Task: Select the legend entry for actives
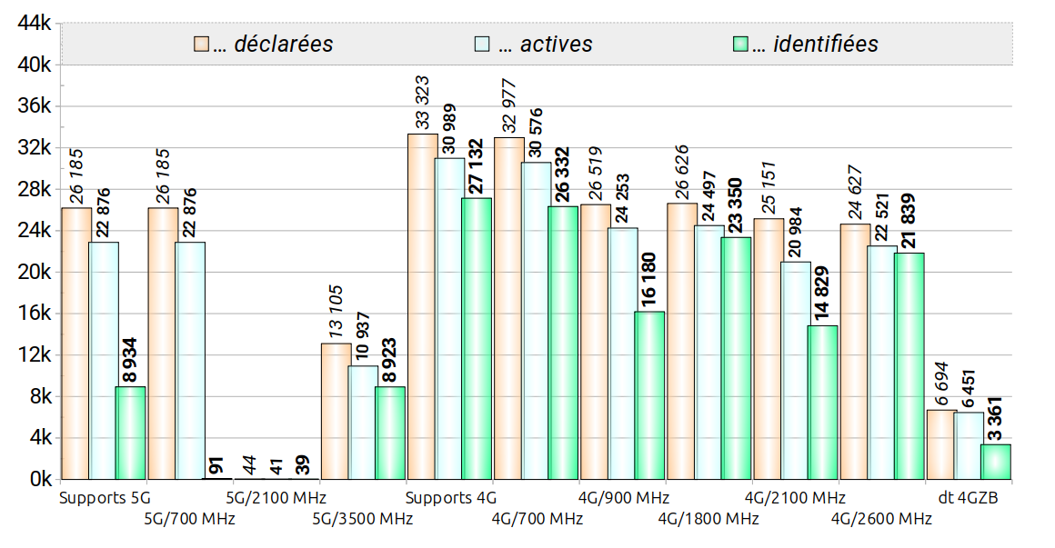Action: [533, 44]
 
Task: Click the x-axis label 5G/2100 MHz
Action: [276, 498]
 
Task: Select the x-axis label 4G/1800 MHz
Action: [708, 519]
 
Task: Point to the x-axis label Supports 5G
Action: [104, 498]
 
